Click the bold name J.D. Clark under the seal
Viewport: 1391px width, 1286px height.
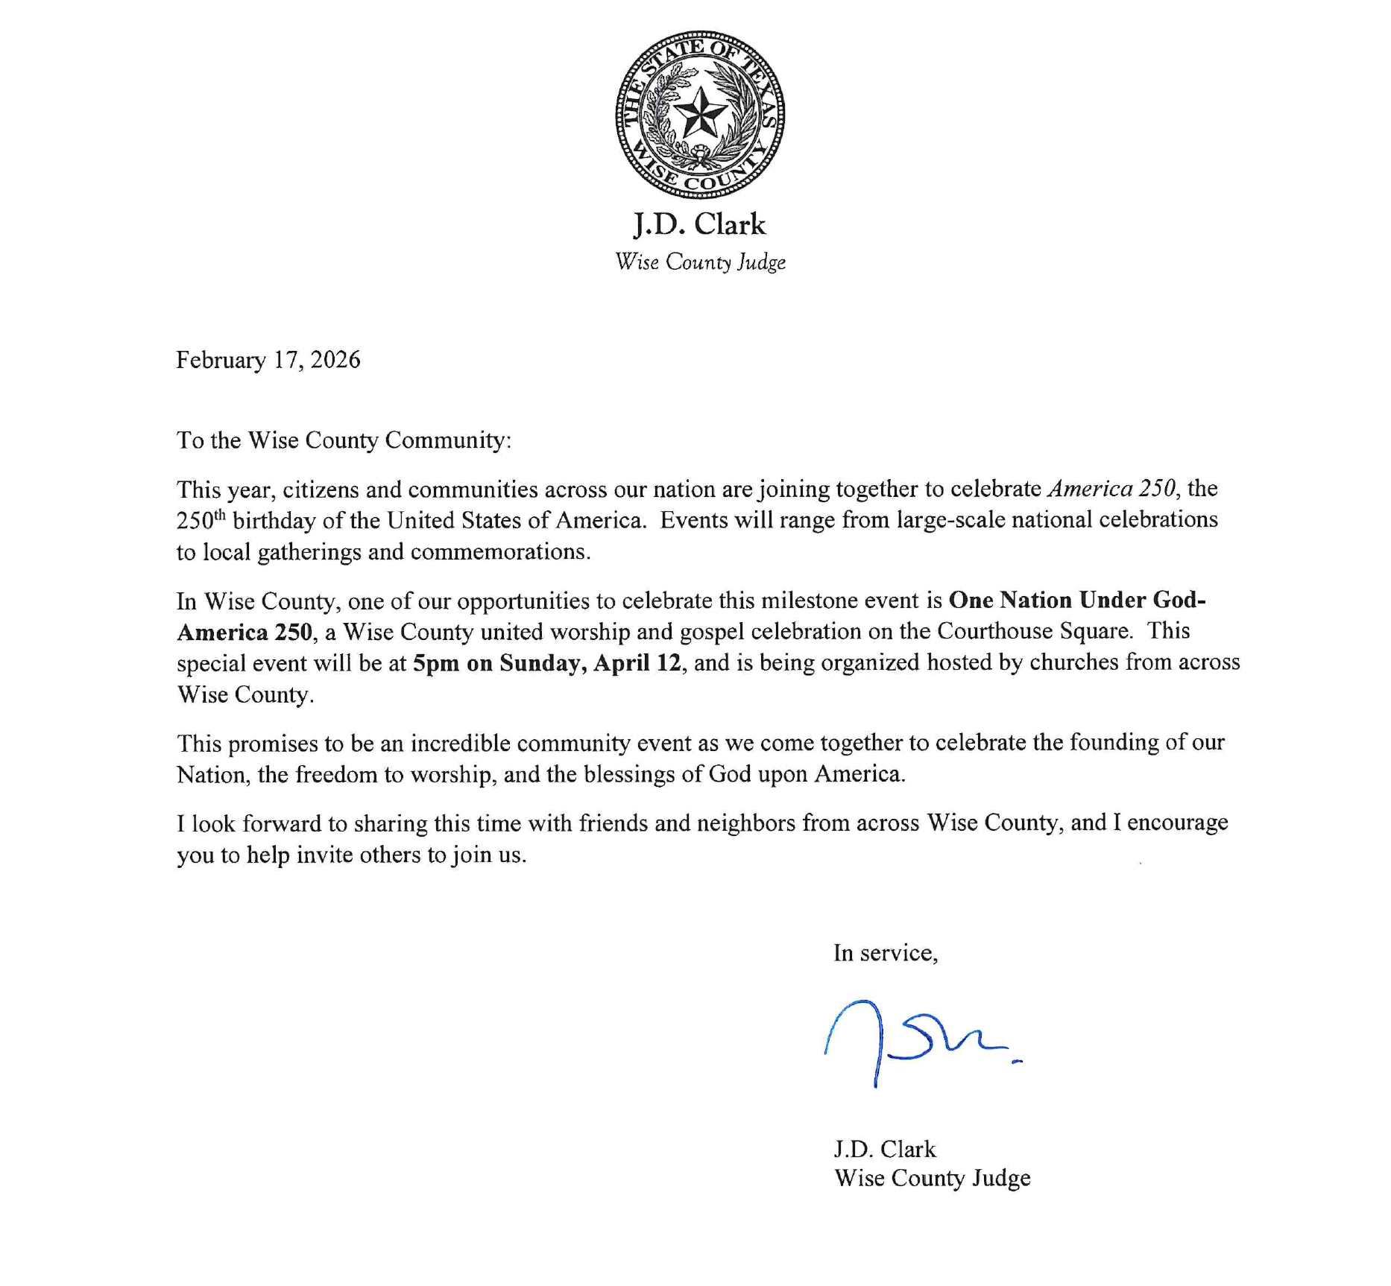click(699, 224)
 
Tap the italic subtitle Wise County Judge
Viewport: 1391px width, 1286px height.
click(700, 262)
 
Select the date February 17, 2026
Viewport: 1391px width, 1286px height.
click(268, 360)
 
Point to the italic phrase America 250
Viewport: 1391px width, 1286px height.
click(1114, 489)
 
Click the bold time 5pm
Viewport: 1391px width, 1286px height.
click(436, 663)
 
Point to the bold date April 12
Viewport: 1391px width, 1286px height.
click(637, 663)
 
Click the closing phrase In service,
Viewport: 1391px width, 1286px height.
click(886, 953)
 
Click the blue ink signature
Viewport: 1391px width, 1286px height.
click(921, 1040)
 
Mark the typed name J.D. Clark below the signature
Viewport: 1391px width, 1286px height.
click(885, 1149)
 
